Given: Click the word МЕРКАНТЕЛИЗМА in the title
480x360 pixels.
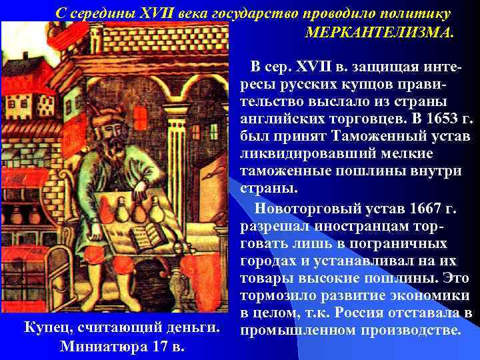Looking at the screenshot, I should click(379, 32).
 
